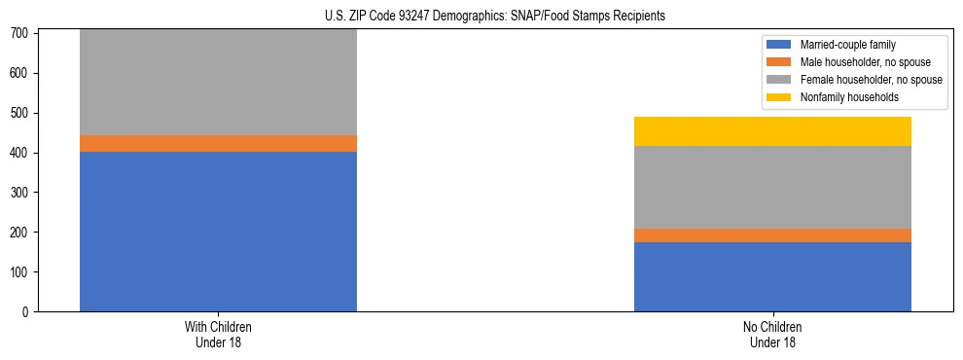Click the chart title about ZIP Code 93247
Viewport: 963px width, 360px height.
coord(495,17)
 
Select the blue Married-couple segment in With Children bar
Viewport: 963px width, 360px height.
coord(218,232)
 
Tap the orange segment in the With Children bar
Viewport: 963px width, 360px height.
coord(218,144)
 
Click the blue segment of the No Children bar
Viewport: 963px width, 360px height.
coord(772,276)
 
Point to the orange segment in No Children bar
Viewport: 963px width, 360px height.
coord(772,235)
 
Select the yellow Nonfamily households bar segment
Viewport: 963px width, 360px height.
coord(772,131)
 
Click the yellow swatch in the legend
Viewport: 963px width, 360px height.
coord(780,97)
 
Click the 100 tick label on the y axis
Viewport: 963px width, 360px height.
coord(22,272)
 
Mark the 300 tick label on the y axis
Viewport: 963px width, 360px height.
coord(22,193)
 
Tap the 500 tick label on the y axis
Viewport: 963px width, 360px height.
coord(22,113)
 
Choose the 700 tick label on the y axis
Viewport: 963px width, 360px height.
coord(22,33)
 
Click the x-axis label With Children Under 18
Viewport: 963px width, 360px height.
coord(218,335)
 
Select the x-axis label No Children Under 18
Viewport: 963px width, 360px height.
coord(772,335)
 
